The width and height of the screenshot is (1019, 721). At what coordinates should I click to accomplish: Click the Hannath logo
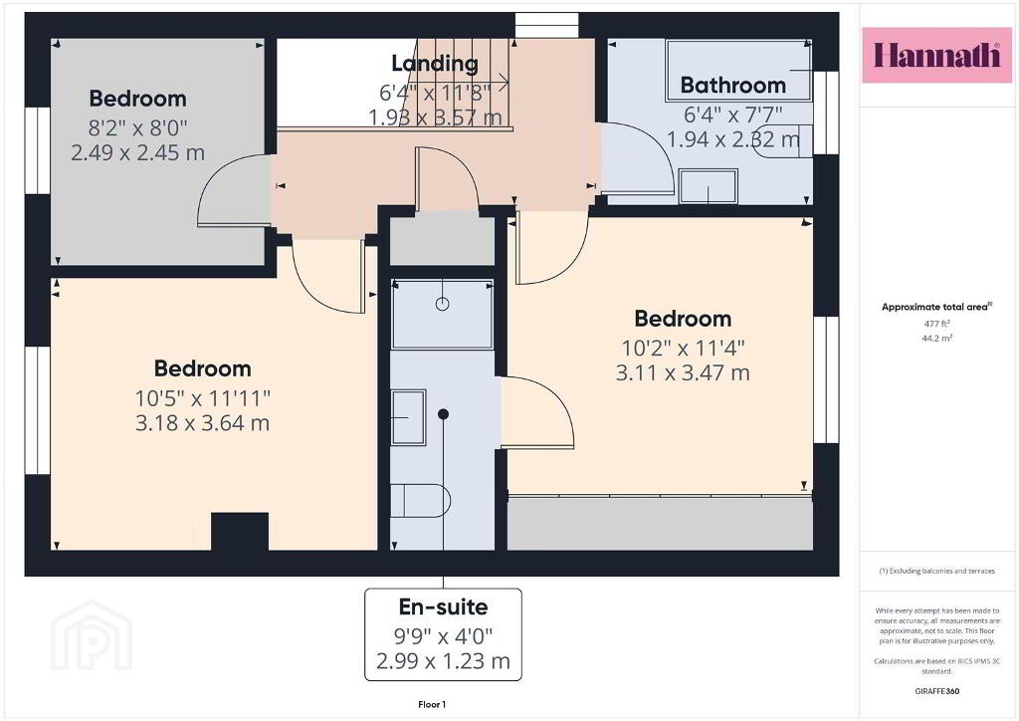936,55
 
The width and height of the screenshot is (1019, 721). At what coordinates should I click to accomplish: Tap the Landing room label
435,63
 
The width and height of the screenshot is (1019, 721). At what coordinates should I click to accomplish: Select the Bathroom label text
733,86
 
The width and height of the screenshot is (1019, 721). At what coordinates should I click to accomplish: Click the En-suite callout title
443,606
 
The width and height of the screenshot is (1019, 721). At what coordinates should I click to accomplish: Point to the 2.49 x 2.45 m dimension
137,152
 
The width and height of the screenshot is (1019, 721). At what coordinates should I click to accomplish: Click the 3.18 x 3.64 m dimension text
202,423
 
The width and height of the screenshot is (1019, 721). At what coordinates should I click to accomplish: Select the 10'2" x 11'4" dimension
683,348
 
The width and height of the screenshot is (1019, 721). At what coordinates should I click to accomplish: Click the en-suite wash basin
409,416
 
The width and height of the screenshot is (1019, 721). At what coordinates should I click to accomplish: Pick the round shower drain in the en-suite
443,304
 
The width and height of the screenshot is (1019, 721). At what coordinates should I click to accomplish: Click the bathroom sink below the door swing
708,186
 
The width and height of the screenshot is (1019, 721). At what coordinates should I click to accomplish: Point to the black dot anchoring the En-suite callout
443,414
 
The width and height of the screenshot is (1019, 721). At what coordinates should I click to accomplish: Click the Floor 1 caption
432,704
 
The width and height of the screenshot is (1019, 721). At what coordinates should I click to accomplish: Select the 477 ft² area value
936,323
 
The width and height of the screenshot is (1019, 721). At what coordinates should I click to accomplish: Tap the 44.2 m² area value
936,338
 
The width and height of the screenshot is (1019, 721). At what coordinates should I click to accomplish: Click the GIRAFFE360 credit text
936,691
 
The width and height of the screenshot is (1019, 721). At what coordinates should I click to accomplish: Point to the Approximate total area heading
936,307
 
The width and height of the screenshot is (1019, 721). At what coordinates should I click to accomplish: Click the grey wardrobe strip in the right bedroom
660,524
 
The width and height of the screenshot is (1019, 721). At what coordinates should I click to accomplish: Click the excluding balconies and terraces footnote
936,571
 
